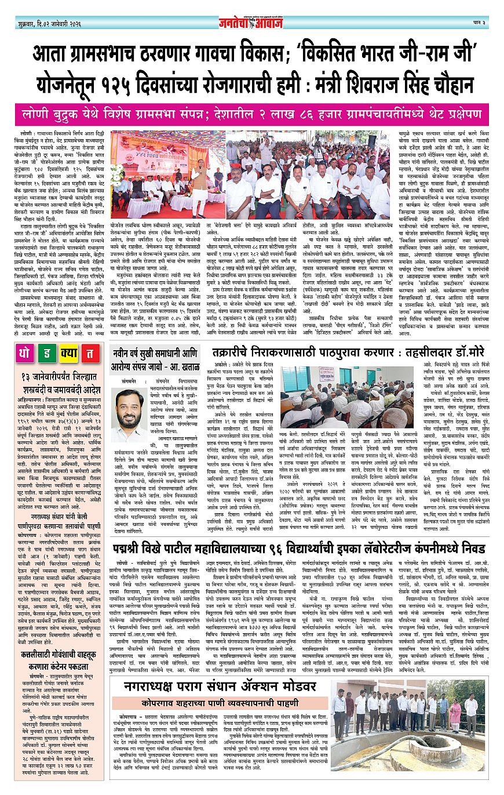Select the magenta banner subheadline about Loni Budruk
pyautogui.click(x=251, y=114)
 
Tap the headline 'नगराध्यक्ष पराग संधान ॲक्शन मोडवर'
pyautogui.click(x=223, y=687)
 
